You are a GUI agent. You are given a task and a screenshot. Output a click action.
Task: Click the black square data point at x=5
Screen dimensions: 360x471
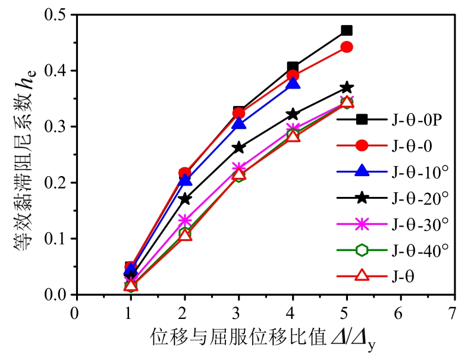click(x=347, y=30)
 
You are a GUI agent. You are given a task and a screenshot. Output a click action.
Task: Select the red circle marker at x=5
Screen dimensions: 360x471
click(x=347, y=47)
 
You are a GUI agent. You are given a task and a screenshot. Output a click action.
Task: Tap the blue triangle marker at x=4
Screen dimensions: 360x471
click(x=293, y=83)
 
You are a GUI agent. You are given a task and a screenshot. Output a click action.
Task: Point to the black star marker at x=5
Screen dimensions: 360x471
click(x=347, y=88)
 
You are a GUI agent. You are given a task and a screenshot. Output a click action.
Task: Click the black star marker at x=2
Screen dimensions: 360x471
click(x=185, y=199)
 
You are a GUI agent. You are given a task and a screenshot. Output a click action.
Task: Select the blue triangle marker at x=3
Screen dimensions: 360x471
click(x=239, y=124)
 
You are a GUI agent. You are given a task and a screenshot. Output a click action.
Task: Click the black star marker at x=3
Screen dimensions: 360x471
click(x=239, y=148)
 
